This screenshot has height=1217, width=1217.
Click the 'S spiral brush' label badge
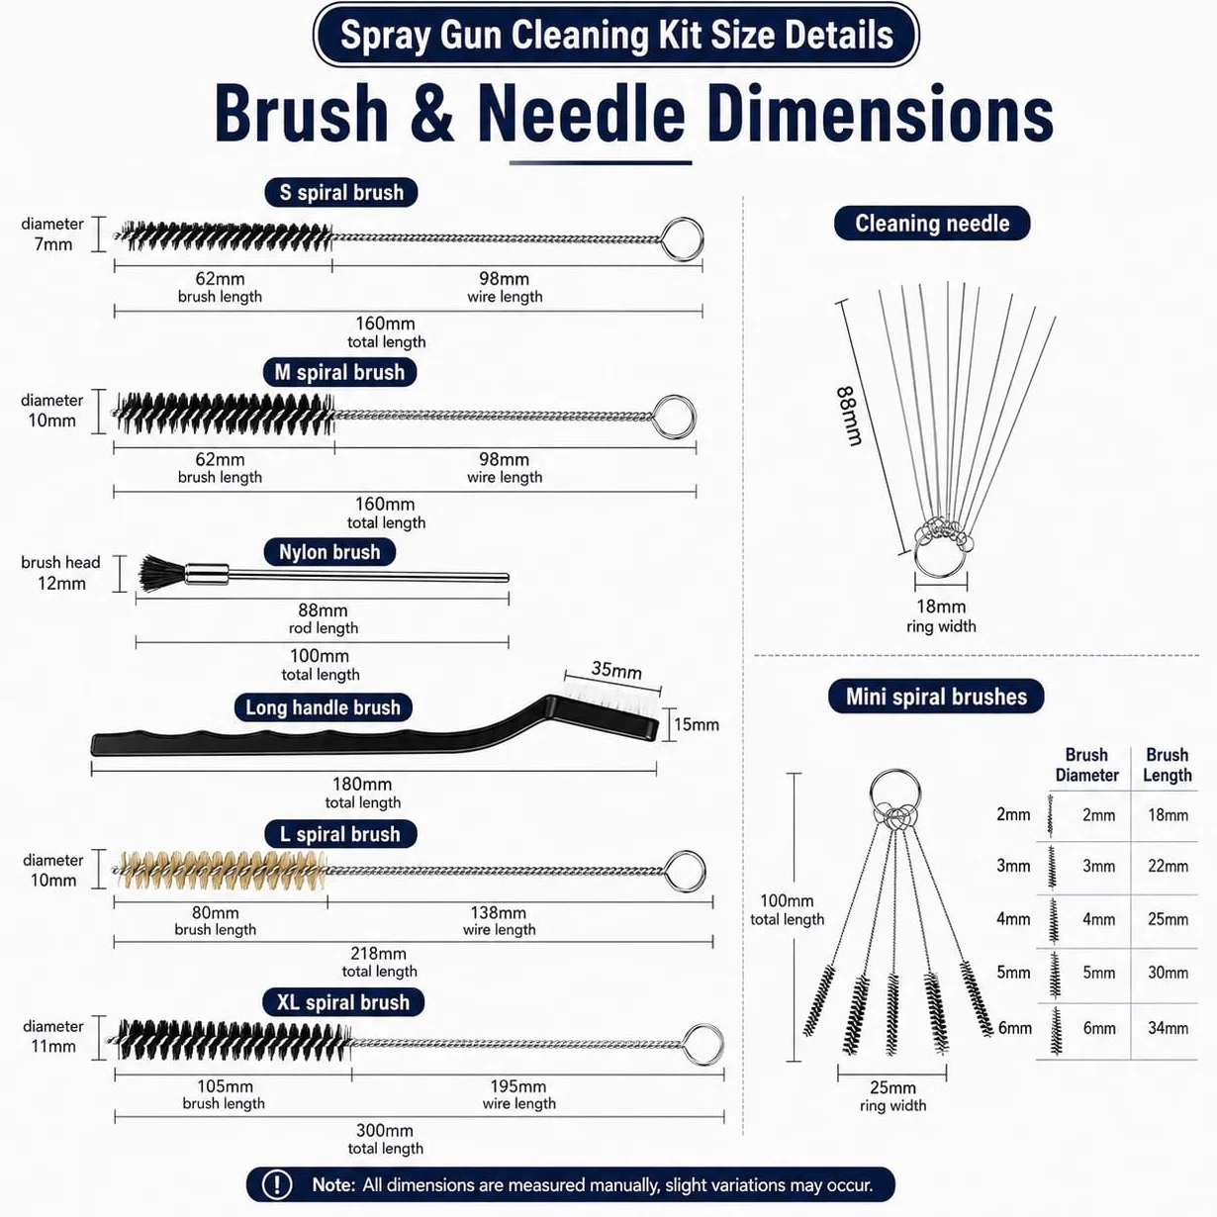pos(341,193)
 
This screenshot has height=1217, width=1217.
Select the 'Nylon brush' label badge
pos(329,552)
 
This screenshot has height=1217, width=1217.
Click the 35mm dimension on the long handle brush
pos(616,670)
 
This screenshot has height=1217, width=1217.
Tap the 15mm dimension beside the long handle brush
pos(696,724)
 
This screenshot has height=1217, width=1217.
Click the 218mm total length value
pos(378,953)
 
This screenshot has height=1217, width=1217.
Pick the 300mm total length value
pos(385,1130)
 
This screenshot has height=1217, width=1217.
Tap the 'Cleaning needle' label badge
pos(932,223)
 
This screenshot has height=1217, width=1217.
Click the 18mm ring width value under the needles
pos(941,607)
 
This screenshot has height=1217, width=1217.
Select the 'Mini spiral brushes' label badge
pos(936,696)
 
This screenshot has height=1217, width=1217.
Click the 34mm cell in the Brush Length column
pos(1168,1028)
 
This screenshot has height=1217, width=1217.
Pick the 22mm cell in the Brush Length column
pos(1168,866)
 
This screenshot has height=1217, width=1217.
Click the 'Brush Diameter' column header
pos(1086,765)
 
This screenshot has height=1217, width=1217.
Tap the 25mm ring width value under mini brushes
pos(892,1087)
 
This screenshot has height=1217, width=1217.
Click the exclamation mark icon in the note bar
pos(277,1184)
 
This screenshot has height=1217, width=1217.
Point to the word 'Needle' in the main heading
pos(582,114)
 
